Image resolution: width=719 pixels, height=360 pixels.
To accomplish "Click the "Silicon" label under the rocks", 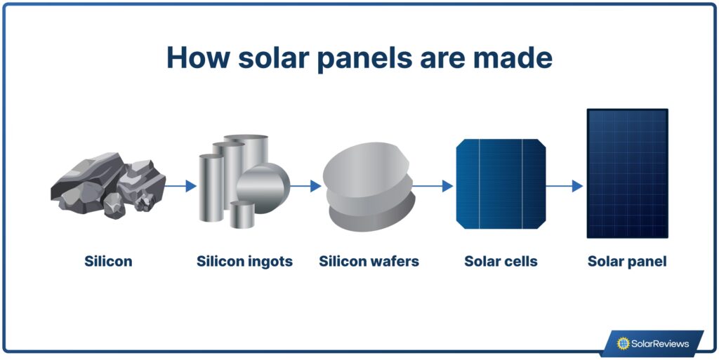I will pos(108,262).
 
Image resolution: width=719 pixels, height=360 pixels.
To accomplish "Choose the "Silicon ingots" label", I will pos(244,262).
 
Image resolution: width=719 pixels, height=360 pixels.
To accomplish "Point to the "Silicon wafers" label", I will pos(369,262).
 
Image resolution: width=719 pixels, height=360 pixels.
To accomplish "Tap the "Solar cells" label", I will pos(501,262).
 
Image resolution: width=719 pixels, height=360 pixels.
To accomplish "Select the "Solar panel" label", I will pos(627,262).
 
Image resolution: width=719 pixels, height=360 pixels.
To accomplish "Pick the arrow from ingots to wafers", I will pos(305,186).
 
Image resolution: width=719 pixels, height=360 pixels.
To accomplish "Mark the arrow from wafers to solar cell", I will pos(433,186).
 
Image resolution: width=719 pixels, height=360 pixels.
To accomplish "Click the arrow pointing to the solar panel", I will pos(565,186).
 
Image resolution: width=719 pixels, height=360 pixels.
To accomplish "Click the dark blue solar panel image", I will pos(627,173).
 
